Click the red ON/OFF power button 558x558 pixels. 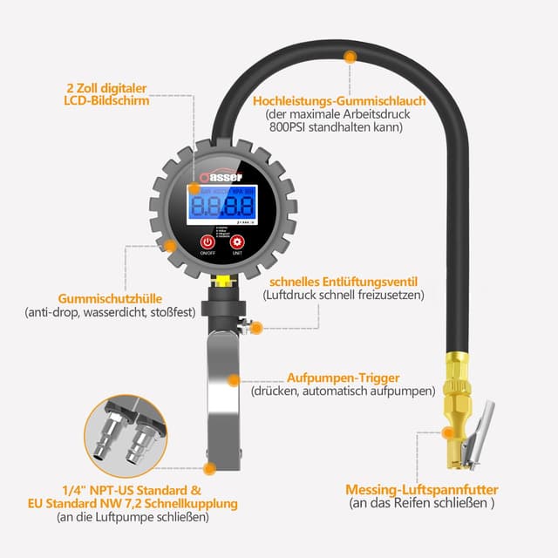(x=207, y=242)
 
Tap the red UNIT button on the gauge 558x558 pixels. (x=237, y=242)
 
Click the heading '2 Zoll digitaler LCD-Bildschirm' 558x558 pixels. (x=108, y=94)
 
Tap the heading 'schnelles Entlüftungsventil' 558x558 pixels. (x=344, y=282)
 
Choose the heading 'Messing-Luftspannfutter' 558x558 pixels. (x=421, y=489)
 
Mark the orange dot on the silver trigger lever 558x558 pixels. (x=233, y=379)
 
